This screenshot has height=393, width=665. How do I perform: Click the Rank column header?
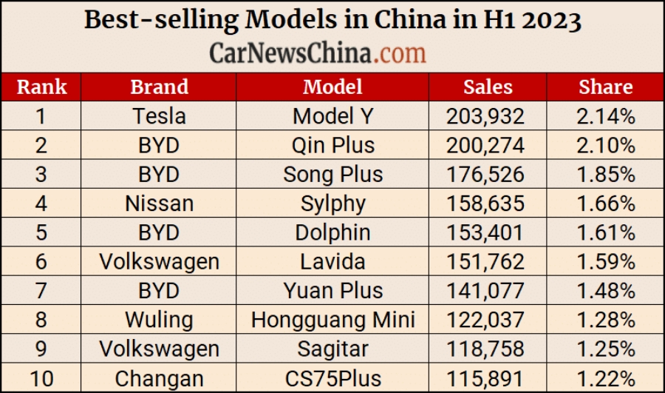click(x=41, y=87)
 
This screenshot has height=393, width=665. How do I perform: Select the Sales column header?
click(x=488, y=87)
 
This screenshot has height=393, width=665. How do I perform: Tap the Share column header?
click(x=606, y=87)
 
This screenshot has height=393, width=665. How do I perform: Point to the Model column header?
click(x=332, y=87)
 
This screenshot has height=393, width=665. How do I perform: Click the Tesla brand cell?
click(x=159, y=116)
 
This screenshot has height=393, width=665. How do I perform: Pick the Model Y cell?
click(x=332, y=116)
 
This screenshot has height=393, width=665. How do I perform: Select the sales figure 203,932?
click(x=485, y=116)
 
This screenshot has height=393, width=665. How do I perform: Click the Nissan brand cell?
click(x=159, y=203)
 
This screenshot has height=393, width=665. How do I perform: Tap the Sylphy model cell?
click(x=332, y=203)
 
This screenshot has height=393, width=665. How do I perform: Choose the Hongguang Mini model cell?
click(x=332, y=320)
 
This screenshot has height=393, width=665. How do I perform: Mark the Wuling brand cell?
click(x=159, y=320)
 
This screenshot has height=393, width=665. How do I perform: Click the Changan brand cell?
click(x=159, y=378)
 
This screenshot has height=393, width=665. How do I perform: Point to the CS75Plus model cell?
click(x=332, y=378)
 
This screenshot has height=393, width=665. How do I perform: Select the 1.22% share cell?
click(x=606, y=378)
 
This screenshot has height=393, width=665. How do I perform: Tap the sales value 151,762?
click(x=485, y=261)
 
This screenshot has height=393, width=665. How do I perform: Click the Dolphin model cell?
click(x=332, y=232)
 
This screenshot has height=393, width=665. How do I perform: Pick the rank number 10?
click(x=41, y=378)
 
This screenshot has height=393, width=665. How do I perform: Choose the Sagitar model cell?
click(x=332, y=349)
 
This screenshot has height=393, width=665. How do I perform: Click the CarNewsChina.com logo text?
click(x=318, y=53)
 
